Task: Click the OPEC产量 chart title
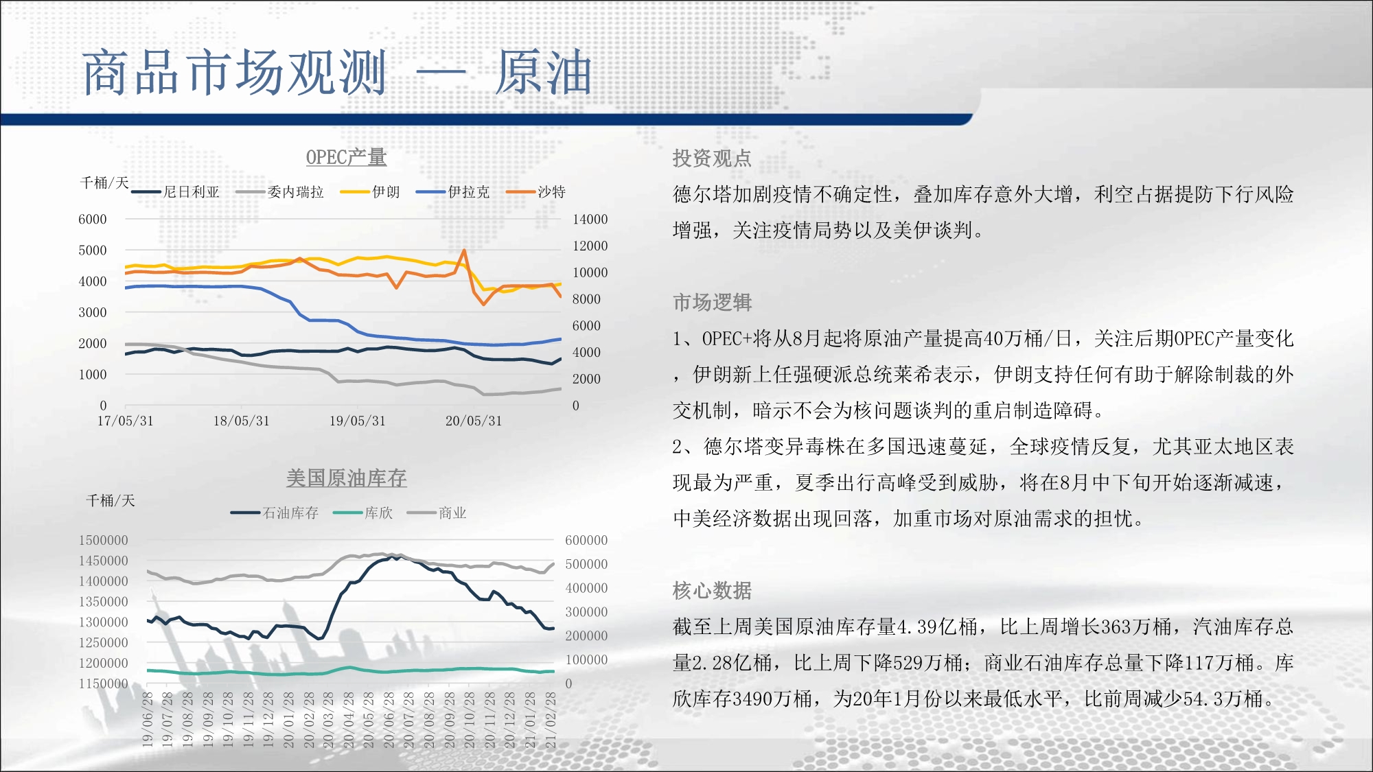pos(346,157)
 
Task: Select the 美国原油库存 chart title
pos(346,478)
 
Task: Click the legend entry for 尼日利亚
pos(176,192)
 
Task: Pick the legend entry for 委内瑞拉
pos(279,192)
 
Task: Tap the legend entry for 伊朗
pos(370,192)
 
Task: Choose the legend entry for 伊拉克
pos(453,192)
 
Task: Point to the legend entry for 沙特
pos(536,192)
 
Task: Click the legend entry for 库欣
pos(363,513)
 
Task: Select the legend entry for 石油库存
pos(275,513)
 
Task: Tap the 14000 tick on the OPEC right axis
pos(590,220)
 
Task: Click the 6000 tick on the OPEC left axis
pos(93,220)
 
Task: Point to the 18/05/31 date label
pos(241,421)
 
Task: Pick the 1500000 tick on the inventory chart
pos(104,540)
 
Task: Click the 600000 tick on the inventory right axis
pos(586,540)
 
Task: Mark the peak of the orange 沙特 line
pos(465,250)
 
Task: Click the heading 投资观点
pos(712,159)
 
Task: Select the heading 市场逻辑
pos(712,303)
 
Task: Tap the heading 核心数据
pos(712,590)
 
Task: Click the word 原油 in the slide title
pos(543,72)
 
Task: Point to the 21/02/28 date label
pos(551,719)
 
